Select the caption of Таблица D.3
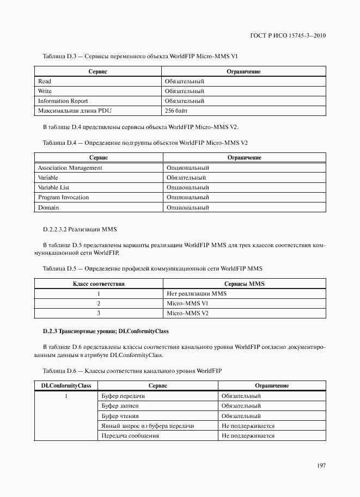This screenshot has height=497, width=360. coord(140,56)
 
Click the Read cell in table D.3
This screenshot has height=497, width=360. coord(45,81)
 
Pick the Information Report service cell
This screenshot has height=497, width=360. coord(63,101)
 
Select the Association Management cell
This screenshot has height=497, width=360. coord(70,168)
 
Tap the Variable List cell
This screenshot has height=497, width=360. coord(53,187)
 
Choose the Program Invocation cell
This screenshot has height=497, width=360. coord(63,197)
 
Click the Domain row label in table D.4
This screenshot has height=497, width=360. coord(48,207)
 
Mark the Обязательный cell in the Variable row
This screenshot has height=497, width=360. coord(186,177)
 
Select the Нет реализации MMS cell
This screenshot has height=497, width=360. coord(196,293)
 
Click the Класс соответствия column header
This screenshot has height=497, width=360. coord(99,284)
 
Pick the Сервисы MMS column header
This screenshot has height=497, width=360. coord(244,284)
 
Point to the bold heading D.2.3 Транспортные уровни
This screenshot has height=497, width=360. coord(106,331)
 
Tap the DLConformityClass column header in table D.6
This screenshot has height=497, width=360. coord(66,386)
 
